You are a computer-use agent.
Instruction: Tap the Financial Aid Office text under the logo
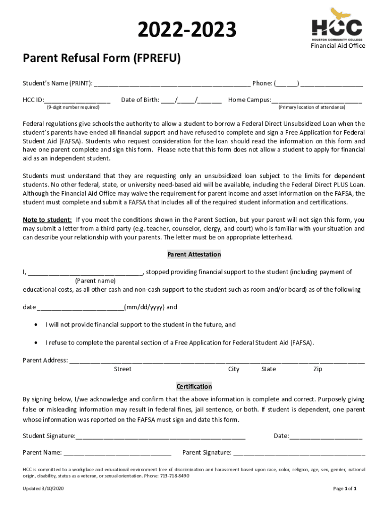[x=338, y=46]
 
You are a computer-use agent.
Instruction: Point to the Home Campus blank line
[x=316, y=100]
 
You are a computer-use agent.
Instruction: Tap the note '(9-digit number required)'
[x=73, y=108]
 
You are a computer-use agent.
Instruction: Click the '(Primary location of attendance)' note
[x=312, y=108]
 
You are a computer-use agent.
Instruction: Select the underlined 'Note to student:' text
[x=47, y=220]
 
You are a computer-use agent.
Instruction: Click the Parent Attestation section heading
[x=194, y=254]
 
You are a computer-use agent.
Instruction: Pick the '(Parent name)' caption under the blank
[x=95, y=281]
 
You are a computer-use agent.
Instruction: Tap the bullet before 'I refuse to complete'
[x=35, y=342]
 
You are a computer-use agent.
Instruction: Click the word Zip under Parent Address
[x=317, y=369]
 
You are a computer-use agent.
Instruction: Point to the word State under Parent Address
[x=269, y=369]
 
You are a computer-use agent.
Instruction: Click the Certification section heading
[x=194, y=386]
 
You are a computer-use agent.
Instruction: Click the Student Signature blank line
[x=161, y=437]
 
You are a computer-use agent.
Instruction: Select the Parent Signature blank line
[x=298, y=453]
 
